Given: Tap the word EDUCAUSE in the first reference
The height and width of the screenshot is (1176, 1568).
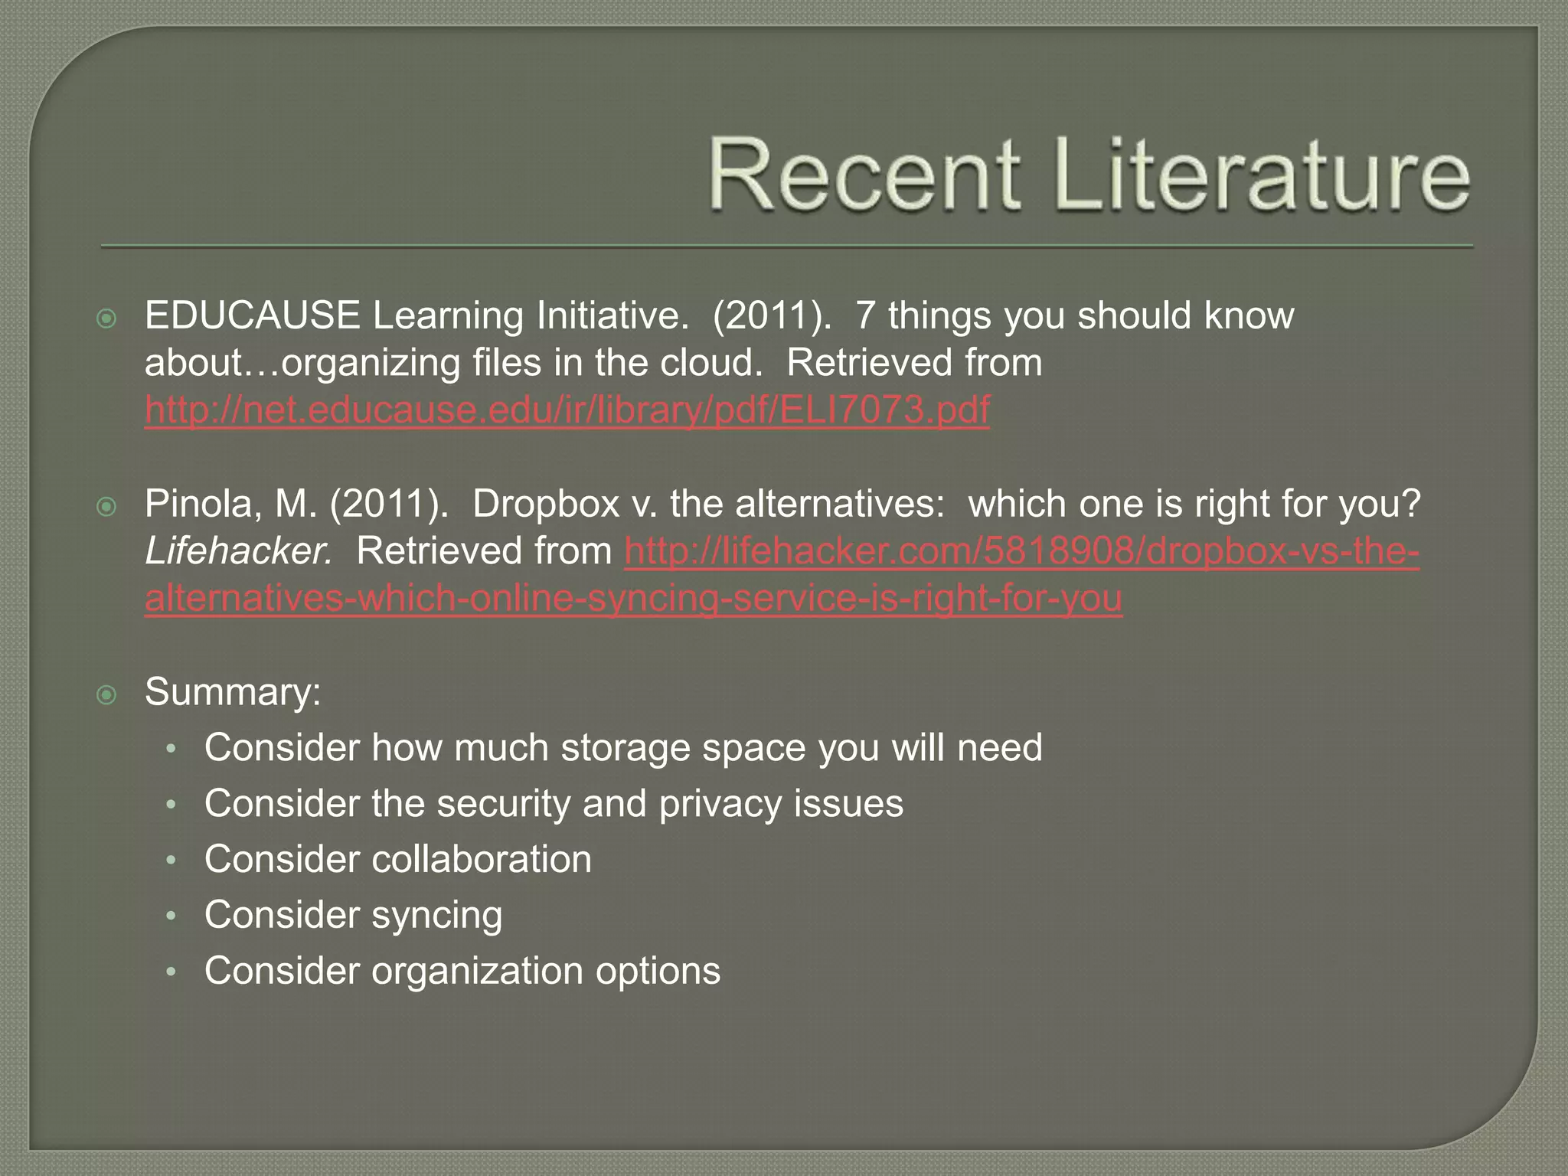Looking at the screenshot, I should click(252, 315).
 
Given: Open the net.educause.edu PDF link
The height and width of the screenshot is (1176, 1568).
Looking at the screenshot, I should click(567, 410).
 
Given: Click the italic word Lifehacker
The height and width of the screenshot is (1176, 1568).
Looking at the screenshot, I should click(238, 551).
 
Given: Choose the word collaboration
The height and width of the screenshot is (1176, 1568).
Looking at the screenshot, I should click(482, 859).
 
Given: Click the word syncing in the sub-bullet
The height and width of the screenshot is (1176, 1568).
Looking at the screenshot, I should click(437, 916).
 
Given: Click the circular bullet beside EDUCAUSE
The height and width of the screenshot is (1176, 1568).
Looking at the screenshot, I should click(106, 318).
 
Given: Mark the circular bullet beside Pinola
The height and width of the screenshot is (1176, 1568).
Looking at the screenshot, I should click(106, 506).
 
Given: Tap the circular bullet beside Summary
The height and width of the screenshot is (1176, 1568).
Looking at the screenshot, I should click(106, 694).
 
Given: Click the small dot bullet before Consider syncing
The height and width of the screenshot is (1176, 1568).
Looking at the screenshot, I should click(172, 916).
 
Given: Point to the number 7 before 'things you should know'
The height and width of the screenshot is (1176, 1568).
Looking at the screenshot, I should click(864, 315).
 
